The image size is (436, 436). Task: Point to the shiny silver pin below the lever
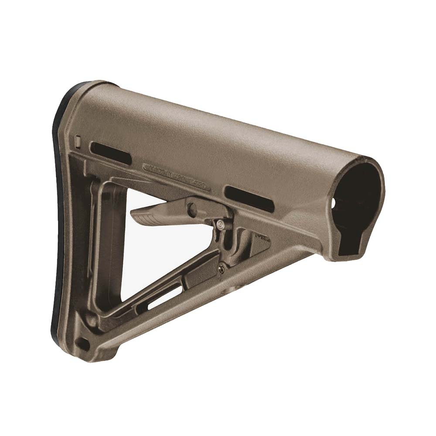[x=221, y=225]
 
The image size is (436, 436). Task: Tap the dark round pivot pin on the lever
[x=192, y=209]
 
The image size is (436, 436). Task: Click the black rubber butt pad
[x=61, y=209]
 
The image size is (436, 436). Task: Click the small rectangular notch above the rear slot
[x=78, y=141]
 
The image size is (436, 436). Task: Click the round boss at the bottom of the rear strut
[x=92, y=320]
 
